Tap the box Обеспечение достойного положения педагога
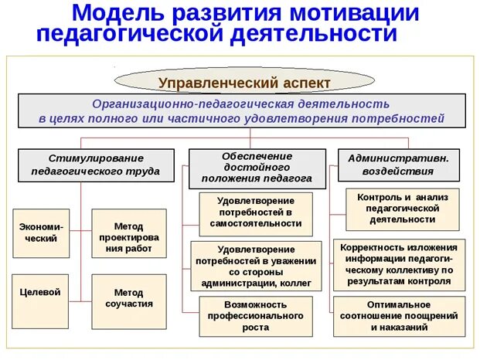[256, 167]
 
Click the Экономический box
[41, 233]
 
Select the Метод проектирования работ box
[128, 233]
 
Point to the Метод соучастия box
[128, 297]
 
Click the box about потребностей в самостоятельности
[255, 212]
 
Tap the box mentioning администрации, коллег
[255, 267]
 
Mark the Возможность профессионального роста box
[255, 316]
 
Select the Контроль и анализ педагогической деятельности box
[402, 208]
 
